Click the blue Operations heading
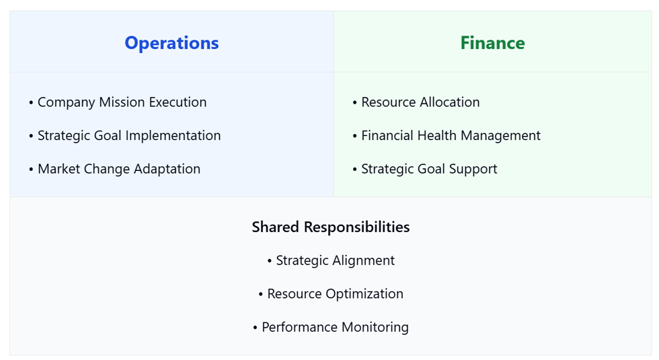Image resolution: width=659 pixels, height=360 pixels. [171, 43]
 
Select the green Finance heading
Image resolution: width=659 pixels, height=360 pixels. [492, 43]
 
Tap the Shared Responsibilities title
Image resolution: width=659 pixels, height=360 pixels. [330, 227]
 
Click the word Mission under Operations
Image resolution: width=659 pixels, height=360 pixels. [122, 102]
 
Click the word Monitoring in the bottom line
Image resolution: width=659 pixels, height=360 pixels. [374, 328]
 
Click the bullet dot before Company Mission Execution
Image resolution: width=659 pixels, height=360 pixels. [31, 103]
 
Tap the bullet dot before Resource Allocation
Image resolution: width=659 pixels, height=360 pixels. [355, 103]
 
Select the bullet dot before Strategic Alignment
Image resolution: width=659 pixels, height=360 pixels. [270, 261]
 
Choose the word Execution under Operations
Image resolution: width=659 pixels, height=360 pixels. [178, 102]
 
